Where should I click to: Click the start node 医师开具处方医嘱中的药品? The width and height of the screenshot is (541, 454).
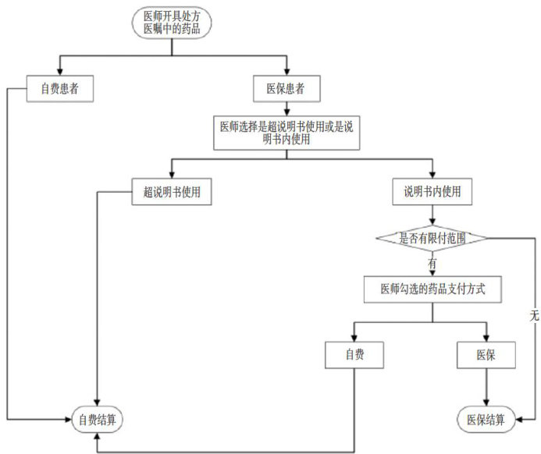click(x=171, y=22)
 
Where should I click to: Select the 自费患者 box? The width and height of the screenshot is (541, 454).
click(x=59, y=89)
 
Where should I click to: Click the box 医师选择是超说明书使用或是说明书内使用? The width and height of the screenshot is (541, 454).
click(x=287, y=133)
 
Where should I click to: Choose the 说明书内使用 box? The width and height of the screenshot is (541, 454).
click(x=432, y=192)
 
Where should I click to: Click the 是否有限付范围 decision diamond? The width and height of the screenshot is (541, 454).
click(x=432, y=238)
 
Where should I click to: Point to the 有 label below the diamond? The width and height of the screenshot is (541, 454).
click(x=432, y=263)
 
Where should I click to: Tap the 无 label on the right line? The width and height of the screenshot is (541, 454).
click(x=533, y=317)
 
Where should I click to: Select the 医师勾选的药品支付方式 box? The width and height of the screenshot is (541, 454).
click(x=432, y=289)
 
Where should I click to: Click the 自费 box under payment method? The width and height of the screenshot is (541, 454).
click(x=354, y=356)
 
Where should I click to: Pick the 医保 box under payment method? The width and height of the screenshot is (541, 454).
click(x=486, y=356)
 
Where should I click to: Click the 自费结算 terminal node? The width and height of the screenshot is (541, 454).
click(x=98, y=419)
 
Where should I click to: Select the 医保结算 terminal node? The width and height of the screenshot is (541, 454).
click(x=486, y=419)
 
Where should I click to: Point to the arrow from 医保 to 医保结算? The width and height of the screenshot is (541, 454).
click(x=486, y=388)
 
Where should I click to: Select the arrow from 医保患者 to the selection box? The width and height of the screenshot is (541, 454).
click(x=287, y=108)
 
